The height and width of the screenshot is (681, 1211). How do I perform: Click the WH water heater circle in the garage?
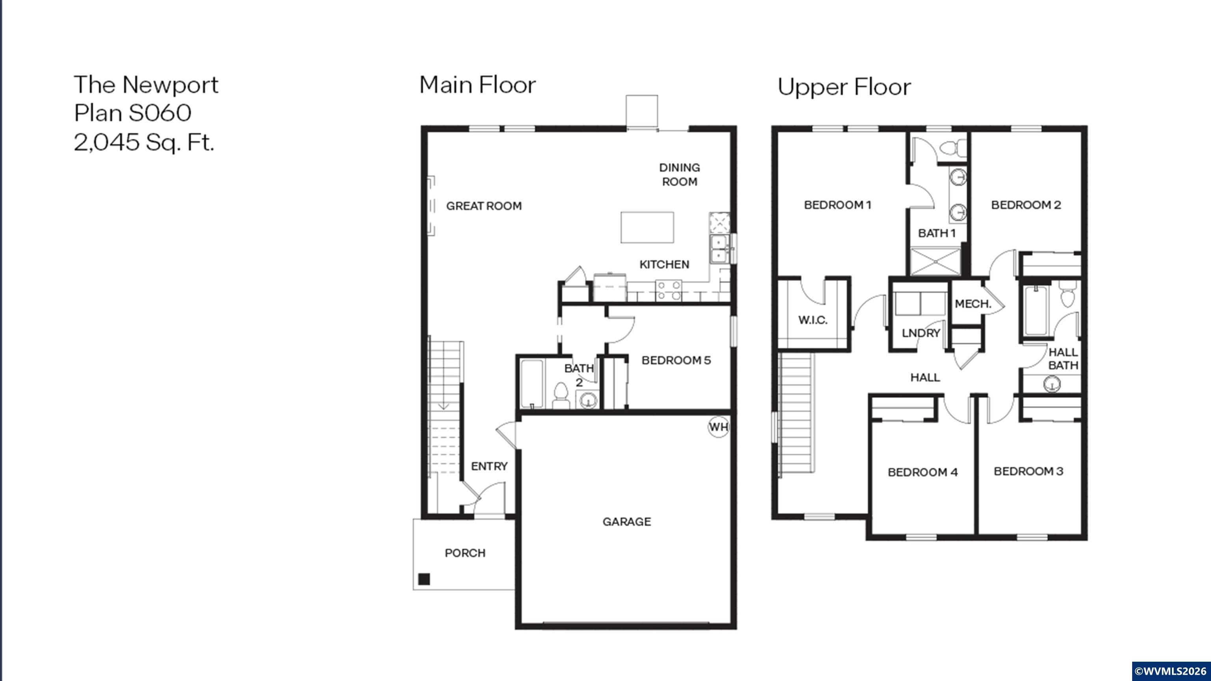tap(718, 427)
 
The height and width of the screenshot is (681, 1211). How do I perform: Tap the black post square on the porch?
tap(424, 579)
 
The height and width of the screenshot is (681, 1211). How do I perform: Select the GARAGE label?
tap(627, 522)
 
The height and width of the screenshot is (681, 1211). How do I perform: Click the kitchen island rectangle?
tap(647, 227)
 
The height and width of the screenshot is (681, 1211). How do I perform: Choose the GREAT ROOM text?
tap(484, 206)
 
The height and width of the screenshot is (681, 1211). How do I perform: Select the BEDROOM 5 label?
tap(676, 361)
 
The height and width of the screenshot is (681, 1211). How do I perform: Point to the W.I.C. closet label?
tap(812, 320)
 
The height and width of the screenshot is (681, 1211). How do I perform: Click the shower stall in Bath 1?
tap(935, 262)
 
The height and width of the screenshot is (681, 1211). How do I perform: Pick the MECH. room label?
tap(973, 304)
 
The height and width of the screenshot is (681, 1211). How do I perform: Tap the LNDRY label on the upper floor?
tap(920, 333)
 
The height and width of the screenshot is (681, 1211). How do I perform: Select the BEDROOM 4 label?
tap(922, 473)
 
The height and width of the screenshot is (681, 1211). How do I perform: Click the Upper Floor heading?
tap(844, 87)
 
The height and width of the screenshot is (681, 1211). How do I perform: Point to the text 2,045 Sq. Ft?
tap(144, 142)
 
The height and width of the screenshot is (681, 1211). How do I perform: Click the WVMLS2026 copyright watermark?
tap(1170, 671)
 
